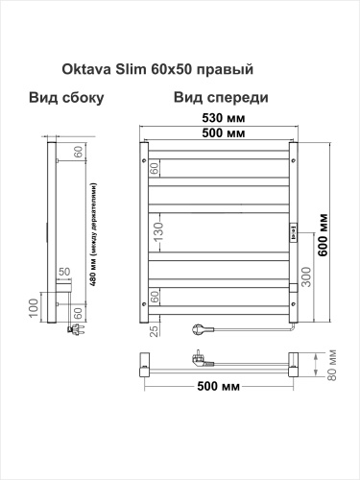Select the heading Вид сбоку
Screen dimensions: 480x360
[66, 98]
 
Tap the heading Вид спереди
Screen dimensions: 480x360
[221, 98]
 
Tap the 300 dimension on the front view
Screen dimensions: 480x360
[304, 279]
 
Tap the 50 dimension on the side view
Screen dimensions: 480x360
[64, 273]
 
